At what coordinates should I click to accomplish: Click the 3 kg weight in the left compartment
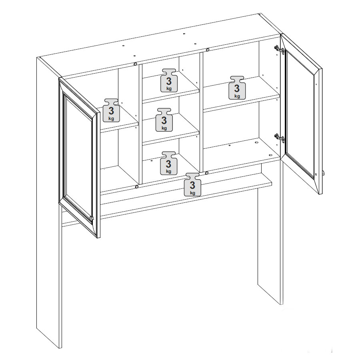pyautogui.click(x=111, y=110)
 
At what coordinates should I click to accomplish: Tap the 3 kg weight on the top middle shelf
pyautogui.click(x=169, y=80)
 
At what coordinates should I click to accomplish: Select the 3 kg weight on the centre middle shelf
pyautogui.click(x=164, y=120)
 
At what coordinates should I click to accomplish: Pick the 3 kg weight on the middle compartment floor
pyautogui.click(x=168, y=163)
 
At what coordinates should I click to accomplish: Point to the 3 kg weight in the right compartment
pyautogui.click(x=237, y=88)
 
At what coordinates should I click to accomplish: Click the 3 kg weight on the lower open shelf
pyautogui.click(x=192, y=184)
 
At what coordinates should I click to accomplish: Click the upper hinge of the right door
pyautogui.click(x=279, y=50)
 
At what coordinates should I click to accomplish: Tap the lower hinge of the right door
pyautogui.click(x=279, y=138)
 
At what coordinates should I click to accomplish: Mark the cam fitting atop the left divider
pyautogui.click(x=136, y=64)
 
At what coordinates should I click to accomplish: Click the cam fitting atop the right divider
pyautogui.click(x=207, y=50)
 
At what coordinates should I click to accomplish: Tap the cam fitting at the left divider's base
pyautogui.click(x=137, y=187)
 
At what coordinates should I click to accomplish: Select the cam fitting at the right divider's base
pyautogui.click(x=206, y=172)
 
